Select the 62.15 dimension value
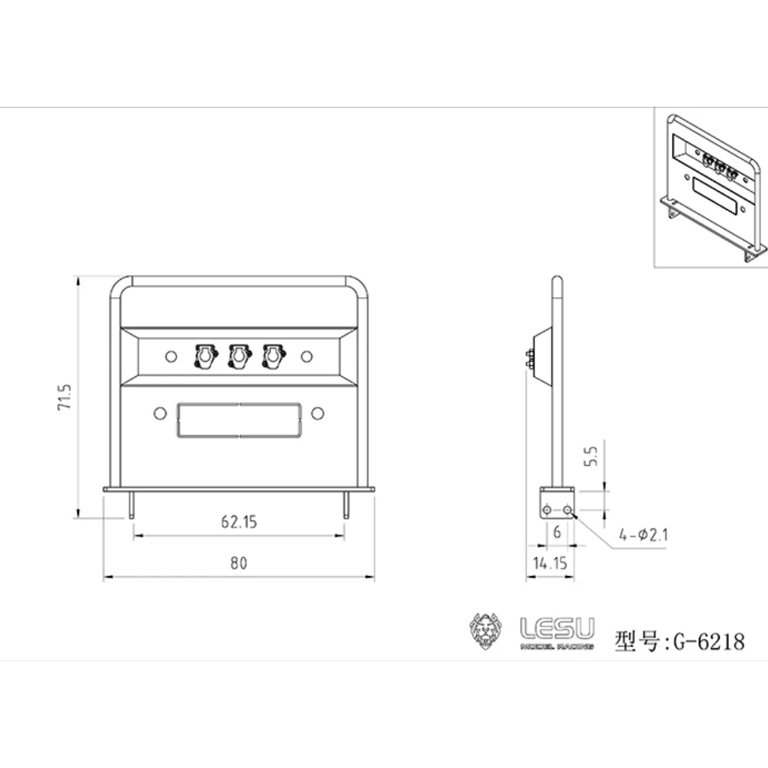point(238,522)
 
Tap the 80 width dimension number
point(238,563)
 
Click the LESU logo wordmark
point(557,630)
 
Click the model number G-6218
point(707,641)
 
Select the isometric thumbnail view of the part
point(710,188)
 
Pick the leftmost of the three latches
point(205,356)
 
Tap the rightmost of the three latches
point(273,356)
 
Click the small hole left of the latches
point(172,356)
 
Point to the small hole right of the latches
point(307,356)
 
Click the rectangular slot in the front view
point(238,420)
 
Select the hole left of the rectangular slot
point(160,413)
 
